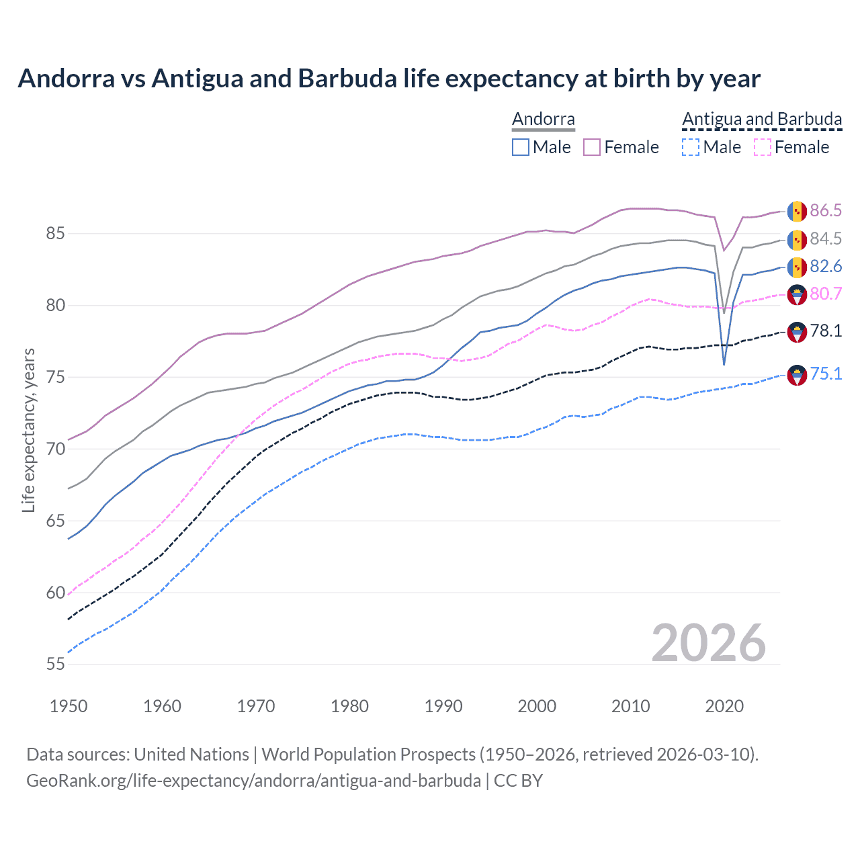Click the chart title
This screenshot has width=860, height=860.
point(389,79)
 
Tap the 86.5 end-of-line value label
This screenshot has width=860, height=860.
point(826,210)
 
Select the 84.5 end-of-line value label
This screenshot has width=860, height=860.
point(826,239)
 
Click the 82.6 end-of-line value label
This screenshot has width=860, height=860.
point(826,267)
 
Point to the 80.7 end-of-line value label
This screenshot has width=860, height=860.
point(826,294)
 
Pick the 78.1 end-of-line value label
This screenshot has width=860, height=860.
point(826,331)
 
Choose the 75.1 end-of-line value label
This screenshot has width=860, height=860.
point(826,374)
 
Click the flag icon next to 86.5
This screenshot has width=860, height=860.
point(797,211)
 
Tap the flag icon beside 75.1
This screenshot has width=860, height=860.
point(797,375)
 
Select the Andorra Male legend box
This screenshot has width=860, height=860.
point(521,147)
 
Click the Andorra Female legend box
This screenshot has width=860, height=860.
point(592,147)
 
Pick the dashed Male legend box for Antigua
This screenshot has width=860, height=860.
point(691,147)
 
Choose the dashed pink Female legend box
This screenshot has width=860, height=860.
point(763,147)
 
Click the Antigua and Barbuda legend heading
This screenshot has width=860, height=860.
point(762,120)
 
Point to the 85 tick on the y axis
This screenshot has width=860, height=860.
point(55,234)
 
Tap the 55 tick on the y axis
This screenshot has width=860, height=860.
point(55,664)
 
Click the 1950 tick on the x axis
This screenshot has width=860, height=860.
point(69,706)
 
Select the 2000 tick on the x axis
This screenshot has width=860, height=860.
point(537,706)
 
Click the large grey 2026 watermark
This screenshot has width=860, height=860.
point(709,643)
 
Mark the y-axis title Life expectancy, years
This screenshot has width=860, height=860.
point(28,430)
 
